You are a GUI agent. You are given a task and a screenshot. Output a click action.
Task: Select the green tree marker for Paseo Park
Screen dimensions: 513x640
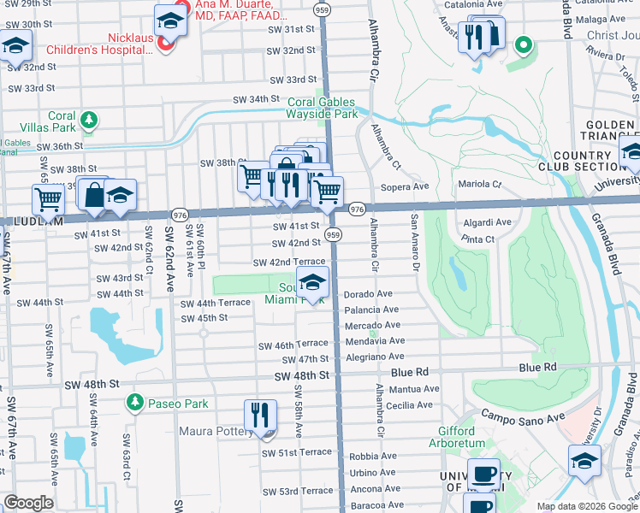[134, 402]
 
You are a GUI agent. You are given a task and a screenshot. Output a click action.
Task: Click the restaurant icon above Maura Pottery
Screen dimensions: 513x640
[260, 416]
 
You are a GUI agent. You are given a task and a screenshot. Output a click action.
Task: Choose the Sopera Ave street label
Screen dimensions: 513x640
[408, 186]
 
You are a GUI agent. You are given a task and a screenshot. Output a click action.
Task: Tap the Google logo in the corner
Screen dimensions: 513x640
[27, 503]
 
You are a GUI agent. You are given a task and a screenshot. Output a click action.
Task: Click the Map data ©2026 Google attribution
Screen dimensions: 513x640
[586, 506]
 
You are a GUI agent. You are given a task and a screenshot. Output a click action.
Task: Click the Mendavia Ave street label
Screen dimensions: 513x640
[373, 340]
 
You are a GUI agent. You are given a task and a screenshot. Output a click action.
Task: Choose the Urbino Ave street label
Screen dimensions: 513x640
[371, 472]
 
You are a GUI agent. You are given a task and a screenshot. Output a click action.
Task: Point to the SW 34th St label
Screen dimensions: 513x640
[258, 101]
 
